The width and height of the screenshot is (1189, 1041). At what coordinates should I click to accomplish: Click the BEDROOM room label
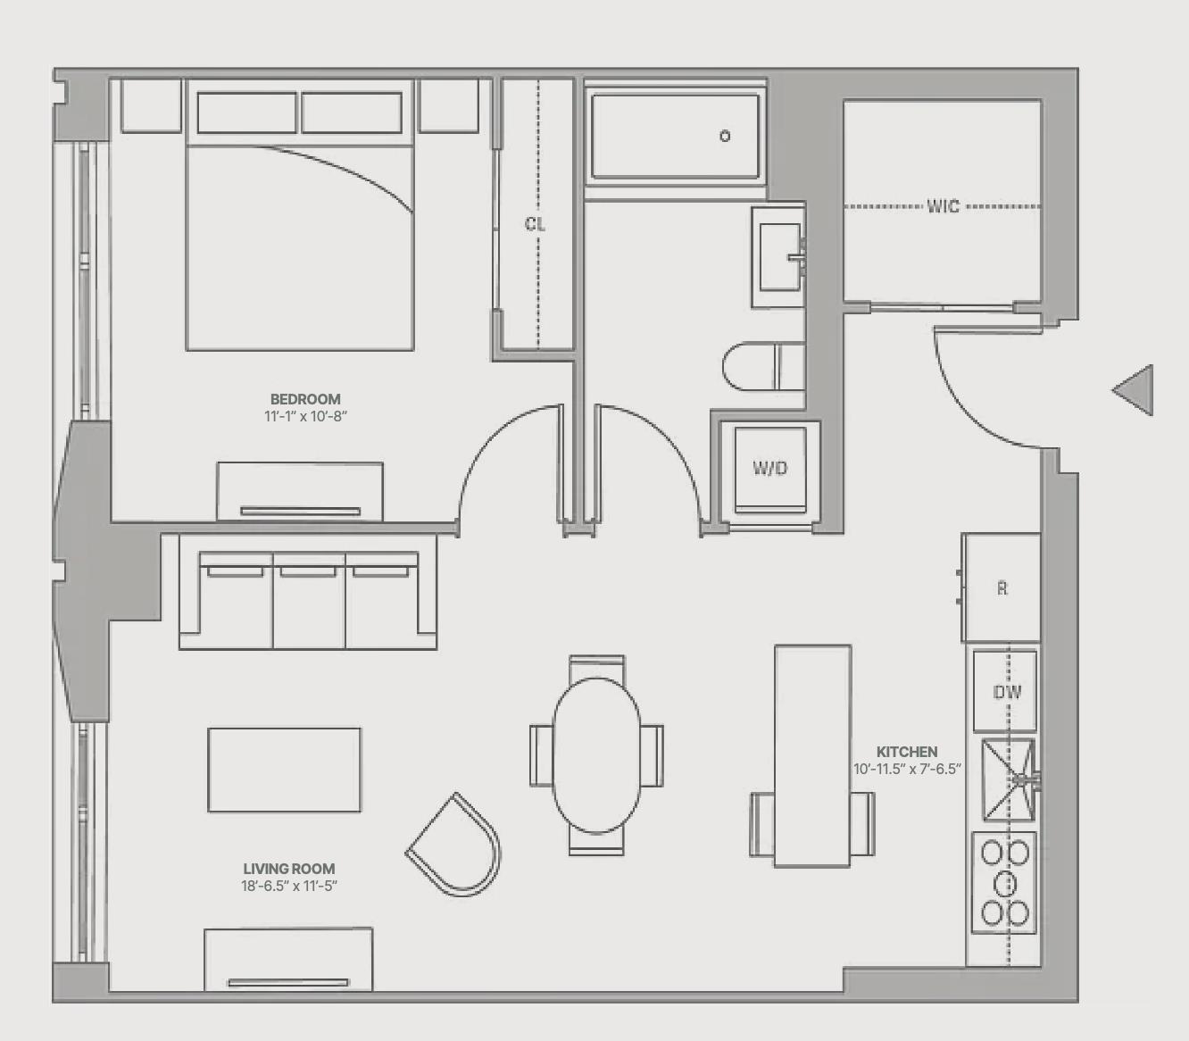(305, 399)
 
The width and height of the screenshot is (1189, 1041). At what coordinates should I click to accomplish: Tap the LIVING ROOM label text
(289, 869)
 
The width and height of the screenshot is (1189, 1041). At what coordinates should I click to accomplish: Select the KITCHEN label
(907, 752)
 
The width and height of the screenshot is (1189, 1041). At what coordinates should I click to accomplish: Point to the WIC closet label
(944, 205)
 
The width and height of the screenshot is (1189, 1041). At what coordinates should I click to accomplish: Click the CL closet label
(535, 224)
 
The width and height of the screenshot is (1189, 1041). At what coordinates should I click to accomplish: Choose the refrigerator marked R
(1001, 587)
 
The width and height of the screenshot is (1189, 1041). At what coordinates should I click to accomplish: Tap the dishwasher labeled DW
(1005, 691)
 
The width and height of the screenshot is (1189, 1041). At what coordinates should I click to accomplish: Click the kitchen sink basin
(1009, 779)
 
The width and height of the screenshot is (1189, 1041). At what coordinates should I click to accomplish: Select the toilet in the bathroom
(763, 366)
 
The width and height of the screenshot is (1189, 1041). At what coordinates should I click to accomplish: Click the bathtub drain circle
(725, 136)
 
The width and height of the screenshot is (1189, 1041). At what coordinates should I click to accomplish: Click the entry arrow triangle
(1133, 390)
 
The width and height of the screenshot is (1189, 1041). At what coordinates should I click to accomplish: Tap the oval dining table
(596, 755)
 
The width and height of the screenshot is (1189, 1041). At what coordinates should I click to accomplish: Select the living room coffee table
(284, 770)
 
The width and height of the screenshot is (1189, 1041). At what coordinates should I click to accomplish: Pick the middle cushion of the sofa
(309, 601)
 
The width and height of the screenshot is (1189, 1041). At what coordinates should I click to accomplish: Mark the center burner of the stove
(1005, 884)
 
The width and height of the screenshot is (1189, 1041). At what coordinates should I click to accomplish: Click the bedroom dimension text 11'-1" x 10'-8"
(305, 416)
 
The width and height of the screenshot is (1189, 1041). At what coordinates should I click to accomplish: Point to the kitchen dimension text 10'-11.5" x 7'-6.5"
(907, 769)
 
